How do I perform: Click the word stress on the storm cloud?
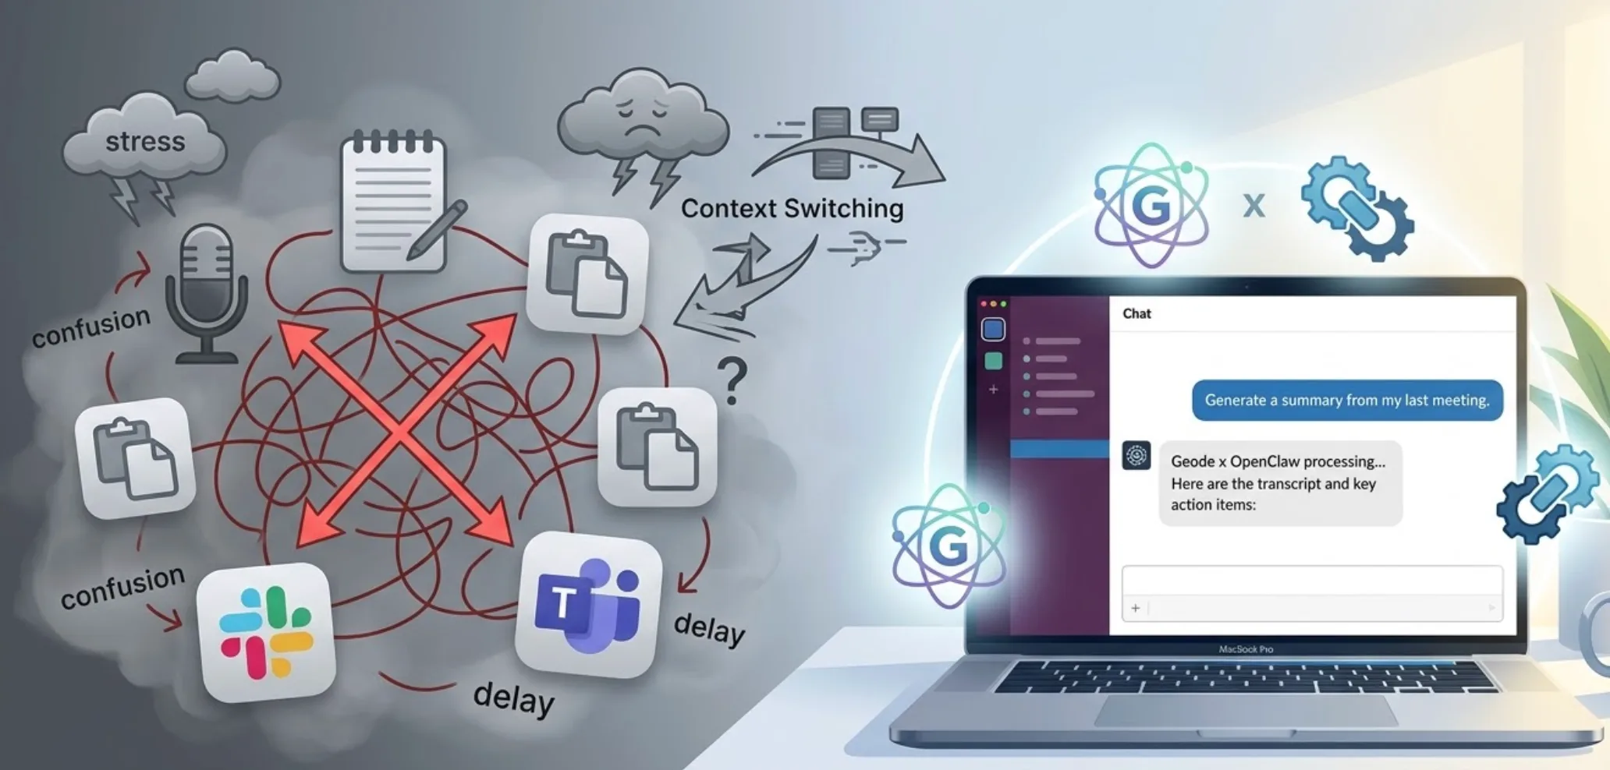pyautogui.click(x=145, y=142)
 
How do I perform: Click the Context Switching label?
pyautogui.click(x=792, y=208)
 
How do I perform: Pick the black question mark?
pyautogui.click(x=732, y=380)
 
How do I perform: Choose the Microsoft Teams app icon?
pyautogui.click(x=588, y=605)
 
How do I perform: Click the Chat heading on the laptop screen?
pyautogui.click(x=1137, y=313)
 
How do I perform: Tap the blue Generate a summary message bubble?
pyautogui.click(x=1347, y=400)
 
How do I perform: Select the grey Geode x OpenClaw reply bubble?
pyautogui.click(x=1280, y=483)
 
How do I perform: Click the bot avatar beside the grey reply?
pyautogui.click(x=1137, y=455)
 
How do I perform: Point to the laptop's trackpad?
pyautogui.click(x=1245, y=709)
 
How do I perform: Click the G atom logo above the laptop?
pyautogui.click(x=1151, y=204)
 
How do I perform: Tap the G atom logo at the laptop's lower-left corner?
pyautogui.click(x=949, y=545)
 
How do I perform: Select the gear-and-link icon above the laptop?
pyautogui.click(x=1357, y=208)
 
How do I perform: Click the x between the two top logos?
pyautogui.click(x=1254, y=205)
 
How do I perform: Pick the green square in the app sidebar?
pyautogui.click(x=993, y=361)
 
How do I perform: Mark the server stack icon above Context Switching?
pyautogui.click(x=831, y=143)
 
